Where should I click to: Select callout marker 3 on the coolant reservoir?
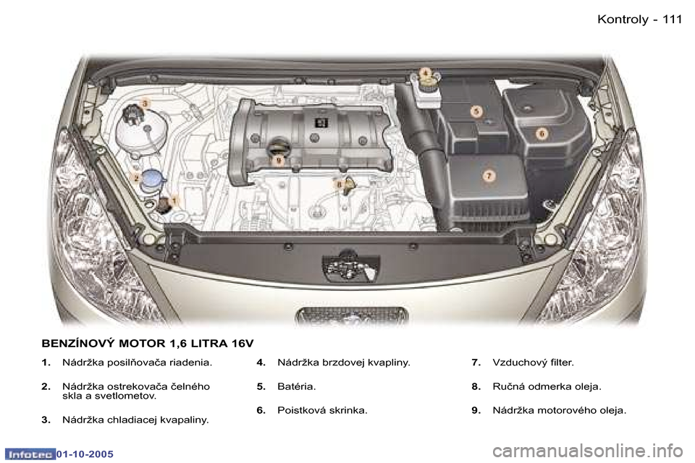click(x=145, y=104)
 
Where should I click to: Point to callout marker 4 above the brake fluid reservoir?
click(x=426, y=72)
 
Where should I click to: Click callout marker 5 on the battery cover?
click(x=476, y=111)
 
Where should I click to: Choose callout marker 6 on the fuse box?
click(x=541, y=134)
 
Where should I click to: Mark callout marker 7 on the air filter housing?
click(x=489, y=176)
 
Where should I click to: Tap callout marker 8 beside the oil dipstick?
click(x=339, y=185)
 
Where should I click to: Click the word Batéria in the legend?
click(x=296, y=386)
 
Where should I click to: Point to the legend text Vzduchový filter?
click(x=532, y=362)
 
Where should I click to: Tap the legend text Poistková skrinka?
click(x=322, y=410)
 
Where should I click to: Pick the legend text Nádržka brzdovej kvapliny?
click(x=344, y=362)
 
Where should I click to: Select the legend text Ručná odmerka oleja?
click(x=546, y=386)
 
